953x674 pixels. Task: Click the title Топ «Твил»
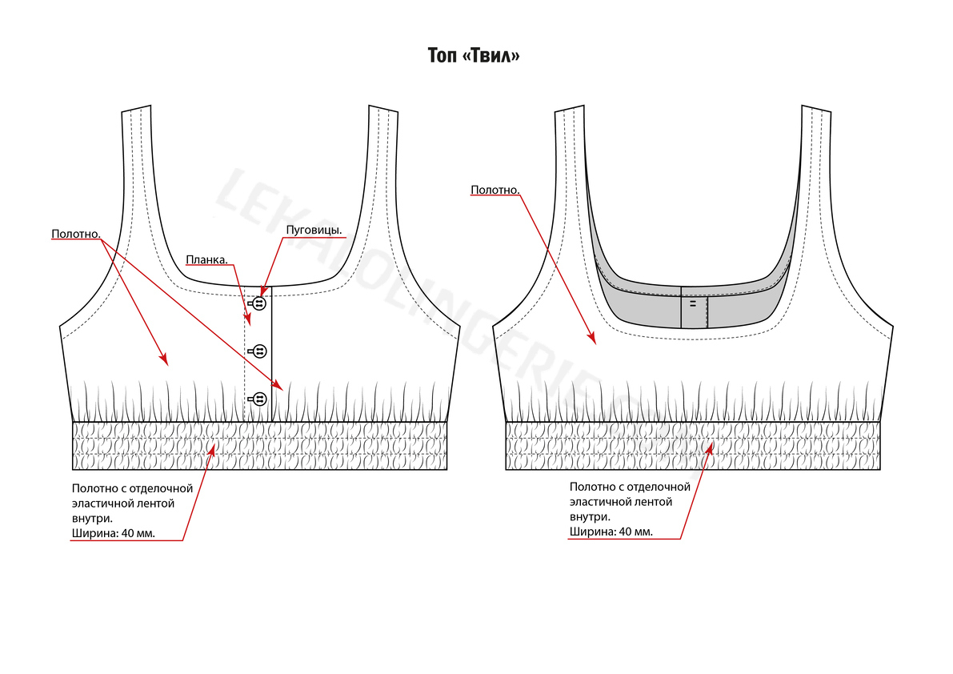point(474,56)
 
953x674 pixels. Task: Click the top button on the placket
point(259,303)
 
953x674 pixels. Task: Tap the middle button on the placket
point(259,351)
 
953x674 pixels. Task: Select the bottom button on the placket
point(259,398)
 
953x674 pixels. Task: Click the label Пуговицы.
point(314,231)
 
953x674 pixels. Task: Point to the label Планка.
point(206,259)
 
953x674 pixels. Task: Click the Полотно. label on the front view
point(75,235)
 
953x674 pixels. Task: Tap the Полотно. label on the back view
point(495,191)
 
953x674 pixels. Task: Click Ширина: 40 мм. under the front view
point(113,532)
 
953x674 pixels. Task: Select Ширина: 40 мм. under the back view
point(611,532)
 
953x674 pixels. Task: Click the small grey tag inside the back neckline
point(694,312)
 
